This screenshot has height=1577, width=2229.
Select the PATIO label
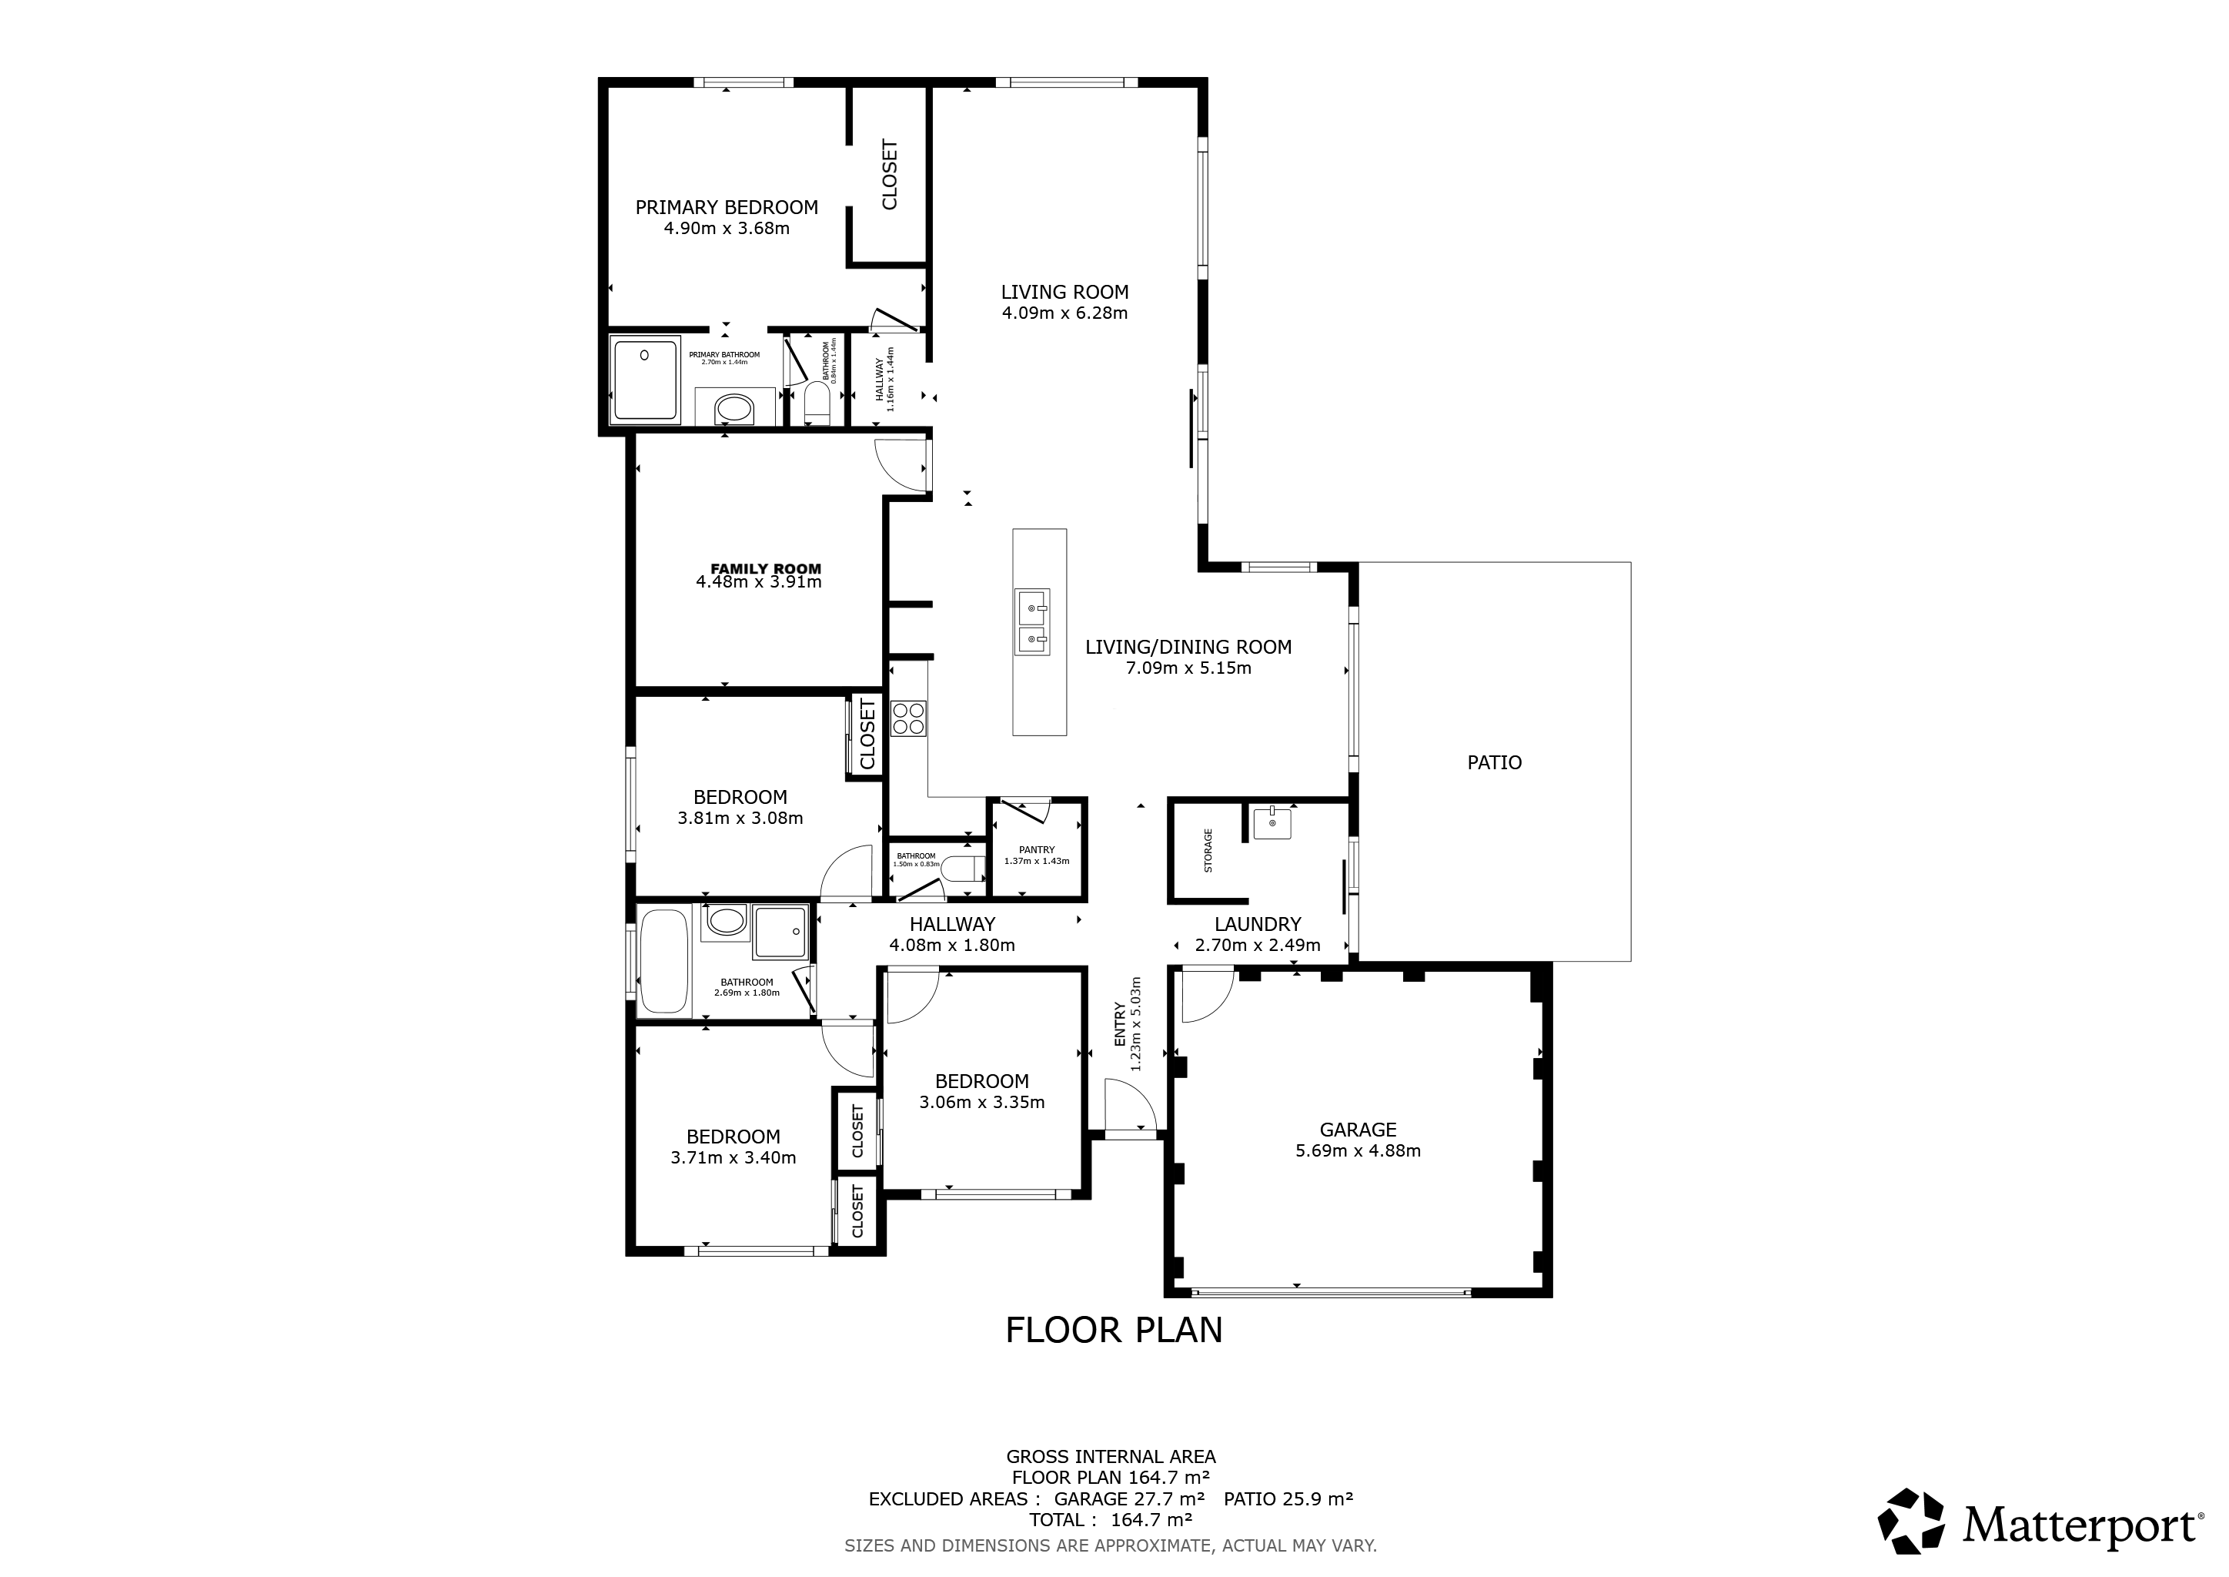coord(1494,762)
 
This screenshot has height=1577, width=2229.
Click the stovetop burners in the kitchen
coord(909,718)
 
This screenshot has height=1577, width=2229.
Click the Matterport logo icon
coord(1910,1521)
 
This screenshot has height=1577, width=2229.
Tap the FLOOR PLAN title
coord(1114,1329)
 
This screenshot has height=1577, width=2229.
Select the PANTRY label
coord(1037,849)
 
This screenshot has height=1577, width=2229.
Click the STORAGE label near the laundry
coord(1208,851)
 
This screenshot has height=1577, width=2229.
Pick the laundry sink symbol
coord(1272,823)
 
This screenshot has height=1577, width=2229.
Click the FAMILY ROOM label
coord(766,569)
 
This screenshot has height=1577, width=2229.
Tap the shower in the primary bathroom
coord(645,380)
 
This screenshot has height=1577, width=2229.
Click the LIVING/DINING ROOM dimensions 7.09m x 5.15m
coord(1188,668)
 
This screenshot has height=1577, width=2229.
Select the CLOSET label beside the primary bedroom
coord(889,175)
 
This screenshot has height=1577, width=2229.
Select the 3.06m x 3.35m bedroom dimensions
coord(981,1102)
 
